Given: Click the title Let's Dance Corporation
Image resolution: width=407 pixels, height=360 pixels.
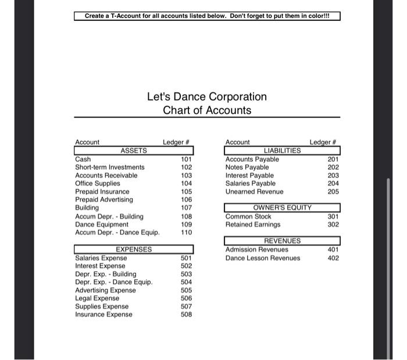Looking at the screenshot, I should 207,97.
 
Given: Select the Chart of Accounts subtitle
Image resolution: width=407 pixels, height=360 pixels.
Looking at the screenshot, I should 207,111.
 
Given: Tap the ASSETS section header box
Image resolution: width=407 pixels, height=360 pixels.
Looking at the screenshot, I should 134,151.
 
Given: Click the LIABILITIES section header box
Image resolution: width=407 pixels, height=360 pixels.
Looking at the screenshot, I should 282,151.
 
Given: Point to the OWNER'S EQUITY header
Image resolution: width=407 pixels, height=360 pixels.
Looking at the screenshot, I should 282,208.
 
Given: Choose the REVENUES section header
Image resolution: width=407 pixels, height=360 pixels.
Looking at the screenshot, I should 282,241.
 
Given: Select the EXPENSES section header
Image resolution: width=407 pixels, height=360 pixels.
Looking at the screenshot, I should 134,249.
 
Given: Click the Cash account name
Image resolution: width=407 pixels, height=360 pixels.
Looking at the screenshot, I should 83,159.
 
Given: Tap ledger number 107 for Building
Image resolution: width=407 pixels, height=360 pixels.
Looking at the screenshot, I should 186,208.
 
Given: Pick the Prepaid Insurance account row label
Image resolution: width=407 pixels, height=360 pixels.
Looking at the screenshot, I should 102,191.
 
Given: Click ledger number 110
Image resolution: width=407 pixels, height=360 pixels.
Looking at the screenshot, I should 186,233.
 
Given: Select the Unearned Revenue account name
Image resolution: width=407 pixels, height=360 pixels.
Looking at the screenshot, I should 254,191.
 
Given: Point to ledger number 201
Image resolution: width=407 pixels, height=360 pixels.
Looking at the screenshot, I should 333,159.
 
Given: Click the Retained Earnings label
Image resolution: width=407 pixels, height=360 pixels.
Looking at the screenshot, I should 252,224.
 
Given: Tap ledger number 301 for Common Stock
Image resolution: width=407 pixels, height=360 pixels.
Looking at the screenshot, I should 333,216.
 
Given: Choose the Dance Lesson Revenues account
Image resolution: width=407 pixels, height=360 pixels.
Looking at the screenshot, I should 263,258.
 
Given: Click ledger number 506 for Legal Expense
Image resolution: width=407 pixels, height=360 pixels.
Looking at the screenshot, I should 186,298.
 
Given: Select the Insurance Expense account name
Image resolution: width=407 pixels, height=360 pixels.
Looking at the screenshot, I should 103,315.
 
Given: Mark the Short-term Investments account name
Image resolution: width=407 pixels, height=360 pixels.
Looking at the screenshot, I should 110,167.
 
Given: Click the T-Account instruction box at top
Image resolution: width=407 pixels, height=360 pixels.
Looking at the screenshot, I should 207,16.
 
